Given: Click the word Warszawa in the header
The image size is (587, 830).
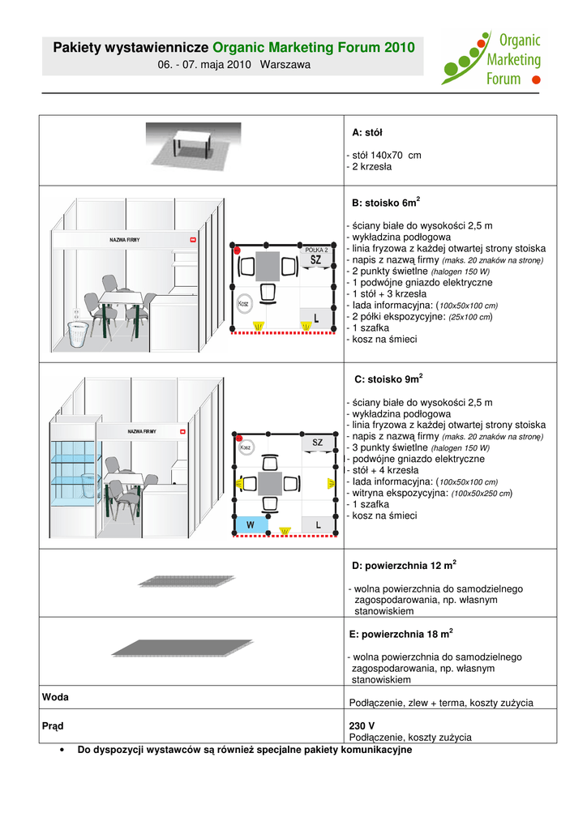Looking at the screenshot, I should tap(285, 64).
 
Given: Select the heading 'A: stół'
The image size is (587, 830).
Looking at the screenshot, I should tap(367, 132).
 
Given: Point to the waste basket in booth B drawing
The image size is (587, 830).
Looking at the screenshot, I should tap(79, 333).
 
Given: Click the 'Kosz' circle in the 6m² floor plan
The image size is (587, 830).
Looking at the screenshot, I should tap(243, 302).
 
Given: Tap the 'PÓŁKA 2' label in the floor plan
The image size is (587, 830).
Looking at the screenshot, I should tap(316, 250).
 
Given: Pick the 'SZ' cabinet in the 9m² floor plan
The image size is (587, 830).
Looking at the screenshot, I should tap(318, 443).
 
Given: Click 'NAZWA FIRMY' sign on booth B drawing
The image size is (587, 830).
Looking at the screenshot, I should tap(125, 240).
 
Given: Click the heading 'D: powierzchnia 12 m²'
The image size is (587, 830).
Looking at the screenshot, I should tap(402, 564).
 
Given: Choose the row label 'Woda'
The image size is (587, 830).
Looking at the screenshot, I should tap(56, 697).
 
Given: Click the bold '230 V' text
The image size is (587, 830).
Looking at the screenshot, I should tap(362, 725).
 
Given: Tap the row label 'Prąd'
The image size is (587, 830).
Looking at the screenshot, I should tap(54, 725).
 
